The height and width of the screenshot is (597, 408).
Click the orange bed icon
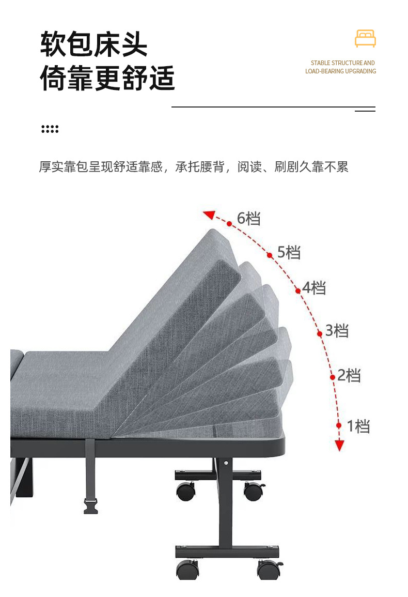[365, 39]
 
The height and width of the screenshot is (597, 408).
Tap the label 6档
[248, 219]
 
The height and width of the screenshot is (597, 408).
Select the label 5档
[289, 252]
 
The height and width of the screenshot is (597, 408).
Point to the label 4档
[314, 288]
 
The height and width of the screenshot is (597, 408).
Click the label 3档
[337, 330]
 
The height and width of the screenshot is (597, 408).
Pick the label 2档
[349, 375]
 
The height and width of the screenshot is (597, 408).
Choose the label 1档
[358, 426]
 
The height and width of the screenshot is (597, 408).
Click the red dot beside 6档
[229, 223]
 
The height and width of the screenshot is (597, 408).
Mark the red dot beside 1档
[339, 425]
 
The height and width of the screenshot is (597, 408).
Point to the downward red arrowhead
[339, 445]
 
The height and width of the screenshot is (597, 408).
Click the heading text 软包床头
[94, 45]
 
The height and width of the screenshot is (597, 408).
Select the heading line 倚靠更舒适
[107, 79]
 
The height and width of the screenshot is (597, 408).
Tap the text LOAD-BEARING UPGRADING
[340, 71]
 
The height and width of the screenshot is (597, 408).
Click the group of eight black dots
[50, 129]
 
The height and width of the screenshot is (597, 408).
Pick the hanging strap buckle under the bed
[90, 506]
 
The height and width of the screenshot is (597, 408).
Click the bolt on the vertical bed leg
[226, 463]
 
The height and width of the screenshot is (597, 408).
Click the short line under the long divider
[365, 111]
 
